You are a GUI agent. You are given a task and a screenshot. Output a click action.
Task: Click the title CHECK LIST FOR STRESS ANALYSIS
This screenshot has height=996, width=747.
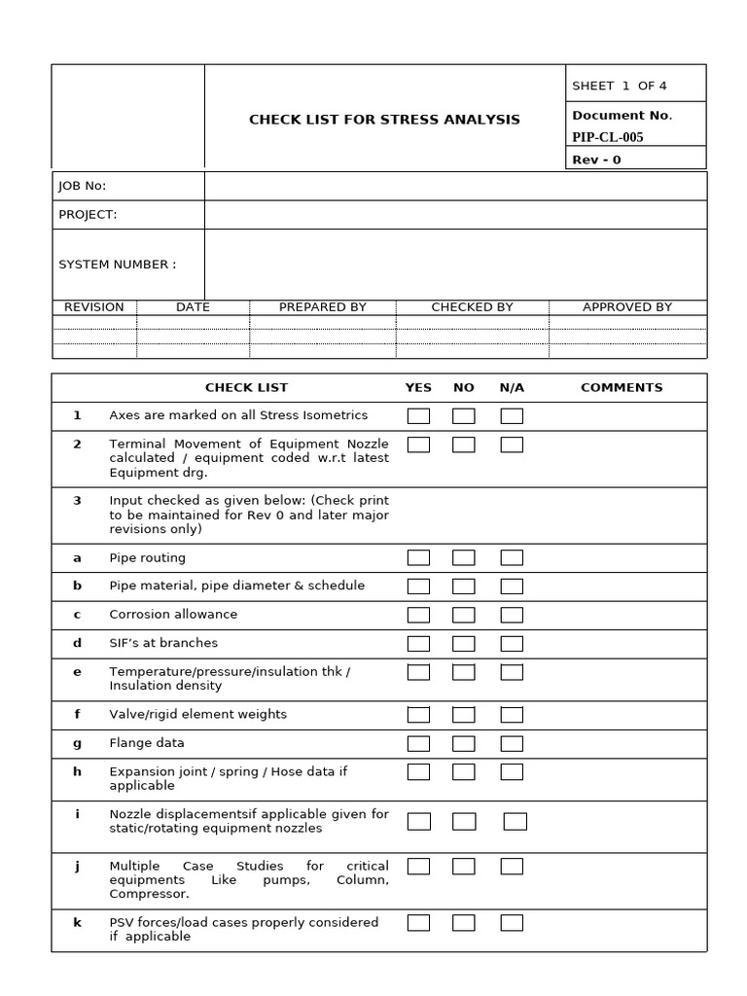point(384,120)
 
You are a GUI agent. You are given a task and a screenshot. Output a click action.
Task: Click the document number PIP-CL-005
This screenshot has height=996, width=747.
point(608,137)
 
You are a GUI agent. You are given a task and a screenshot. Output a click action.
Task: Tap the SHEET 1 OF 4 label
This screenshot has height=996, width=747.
point(619,86)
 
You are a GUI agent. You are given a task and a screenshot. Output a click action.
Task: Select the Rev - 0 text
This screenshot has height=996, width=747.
point(596,160)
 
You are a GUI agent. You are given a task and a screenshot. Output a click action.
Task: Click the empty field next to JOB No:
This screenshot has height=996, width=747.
point(455,186)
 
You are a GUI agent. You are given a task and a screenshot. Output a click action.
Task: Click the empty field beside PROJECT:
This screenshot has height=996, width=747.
point(455,215)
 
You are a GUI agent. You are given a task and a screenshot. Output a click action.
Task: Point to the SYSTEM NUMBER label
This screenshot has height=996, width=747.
point(118,265)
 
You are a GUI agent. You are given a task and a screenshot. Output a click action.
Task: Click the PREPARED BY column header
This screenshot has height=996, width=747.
point(323,307)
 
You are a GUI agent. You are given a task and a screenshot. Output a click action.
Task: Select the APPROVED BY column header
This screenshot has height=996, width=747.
point(627,307)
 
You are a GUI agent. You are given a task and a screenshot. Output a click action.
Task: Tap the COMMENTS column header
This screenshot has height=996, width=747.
point(622,387)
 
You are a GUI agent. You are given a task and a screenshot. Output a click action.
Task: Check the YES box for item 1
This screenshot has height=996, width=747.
point(418,416)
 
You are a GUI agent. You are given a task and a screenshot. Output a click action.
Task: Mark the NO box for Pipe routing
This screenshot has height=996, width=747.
point(464,558)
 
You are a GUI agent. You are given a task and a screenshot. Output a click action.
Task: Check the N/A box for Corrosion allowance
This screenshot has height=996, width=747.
point(512,615)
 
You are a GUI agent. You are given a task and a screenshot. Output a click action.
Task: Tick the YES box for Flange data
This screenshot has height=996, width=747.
point(418,744)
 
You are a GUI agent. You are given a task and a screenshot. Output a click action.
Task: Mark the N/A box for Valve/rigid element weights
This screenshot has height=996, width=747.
point(512,715)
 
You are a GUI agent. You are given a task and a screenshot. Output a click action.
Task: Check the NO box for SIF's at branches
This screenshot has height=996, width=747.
point(464,644)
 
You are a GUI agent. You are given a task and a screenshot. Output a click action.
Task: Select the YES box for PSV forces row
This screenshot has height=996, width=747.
point(418,923)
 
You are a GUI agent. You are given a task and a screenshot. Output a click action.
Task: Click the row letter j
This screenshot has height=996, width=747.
point(77,866)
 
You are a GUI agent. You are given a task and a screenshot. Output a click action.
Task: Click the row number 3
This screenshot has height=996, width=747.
point(77,500)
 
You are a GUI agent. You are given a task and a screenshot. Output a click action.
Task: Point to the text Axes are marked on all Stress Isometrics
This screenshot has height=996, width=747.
point(238,415)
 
